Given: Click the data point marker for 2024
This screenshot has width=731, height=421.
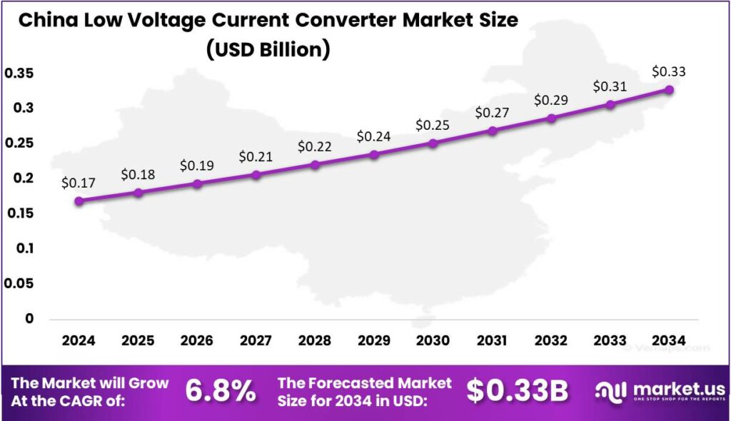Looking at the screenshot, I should [x=79, y=201].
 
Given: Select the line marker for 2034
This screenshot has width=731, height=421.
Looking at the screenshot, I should [x=669, y=89].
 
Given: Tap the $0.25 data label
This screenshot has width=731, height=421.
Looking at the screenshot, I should [x=433, y=126].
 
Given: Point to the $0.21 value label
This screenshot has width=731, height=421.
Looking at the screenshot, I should [x=256, y=156].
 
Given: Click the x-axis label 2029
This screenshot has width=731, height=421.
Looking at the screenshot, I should [x=373, y=340].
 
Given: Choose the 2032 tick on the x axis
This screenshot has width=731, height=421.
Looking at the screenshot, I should [x=551, y=340].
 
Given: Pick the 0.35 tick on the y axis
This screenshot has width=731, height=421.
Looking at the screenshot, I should [x=19, y=73].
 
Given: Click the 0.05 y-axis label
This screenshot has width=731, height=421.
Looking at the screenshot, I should [x=19, y=283].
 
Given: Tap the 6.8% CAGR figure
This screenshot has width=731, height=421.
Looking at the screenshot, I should [x=221, y=390].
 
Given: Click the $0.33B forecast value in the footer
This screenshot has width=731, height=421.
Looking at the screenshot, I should [x=518, y=390].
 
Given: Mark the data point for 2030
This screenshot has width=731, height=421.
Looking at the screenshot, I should [x=433, y=143].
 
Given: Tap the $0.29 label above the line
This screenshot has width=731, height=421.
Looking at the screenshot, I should [x=551, y=100].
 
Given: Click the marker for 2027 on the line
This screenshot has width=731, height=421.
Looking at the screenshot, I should [x=256, y=174].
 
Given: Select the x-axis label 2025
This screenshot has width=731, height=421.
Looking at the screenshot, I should [x=138, y=340].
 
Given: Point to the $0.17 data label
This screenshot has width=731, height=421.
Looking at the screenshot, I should [x=79, y=183].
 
